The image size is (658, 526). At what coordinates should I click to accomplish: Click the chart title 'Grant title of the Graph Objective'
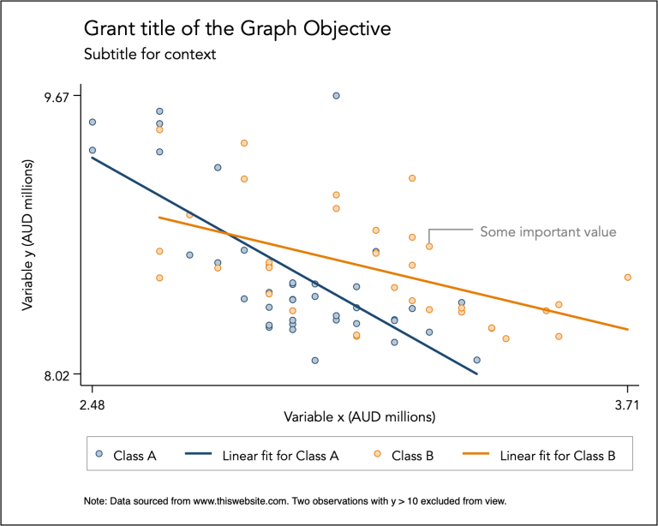[x=236, y=28]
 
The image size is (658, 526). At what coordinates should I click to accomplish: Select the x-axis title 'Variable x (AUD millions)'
[x=360, y=417]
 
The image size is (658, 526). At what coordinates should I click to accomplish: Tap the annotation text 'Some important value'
[x=547, y=231]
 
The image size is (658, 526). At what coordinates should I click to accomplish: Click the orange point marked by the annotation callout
[x=429, y=247]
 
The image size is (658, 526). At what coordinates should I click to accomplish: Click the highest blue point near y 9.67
[x=336, y=95]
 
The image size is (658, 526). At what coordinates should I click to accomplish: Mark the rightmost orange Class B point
[x=628, y=278]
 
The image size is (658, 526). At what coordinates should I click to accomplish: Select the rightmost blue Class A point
[x=476, y=360]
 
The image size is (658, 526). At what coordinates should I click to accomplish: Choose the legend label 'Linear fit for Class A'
[x=279, y=456]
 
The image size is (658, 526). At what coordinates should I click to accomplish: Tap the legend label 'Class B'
[x=412, y=456]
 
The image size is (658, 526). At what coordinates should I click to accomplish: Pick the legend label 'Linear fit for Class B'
[x=557, y=456]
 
